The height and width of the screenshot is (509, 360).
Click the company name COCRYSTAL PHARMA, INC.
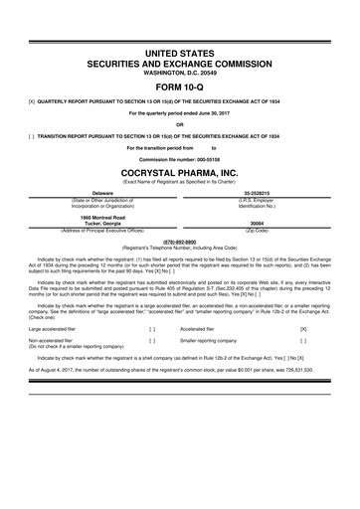(x=180, y=170)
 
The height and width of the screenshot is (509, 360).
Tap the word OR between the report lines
(x=180, y=124)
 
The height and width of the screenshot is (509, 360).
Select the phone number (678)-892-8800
(x=180, y=239)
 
